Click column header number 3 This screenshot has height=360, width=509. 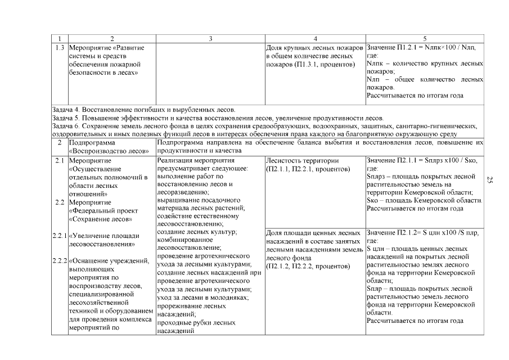(x=210, y=39)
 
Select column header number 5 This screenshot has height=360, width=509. (x=425, y=39)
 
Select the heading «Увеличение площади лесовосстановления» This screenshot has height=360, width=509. (x=103, y=240)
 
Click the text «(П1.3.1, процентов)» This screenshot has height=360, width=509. (x=310, y=65)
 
